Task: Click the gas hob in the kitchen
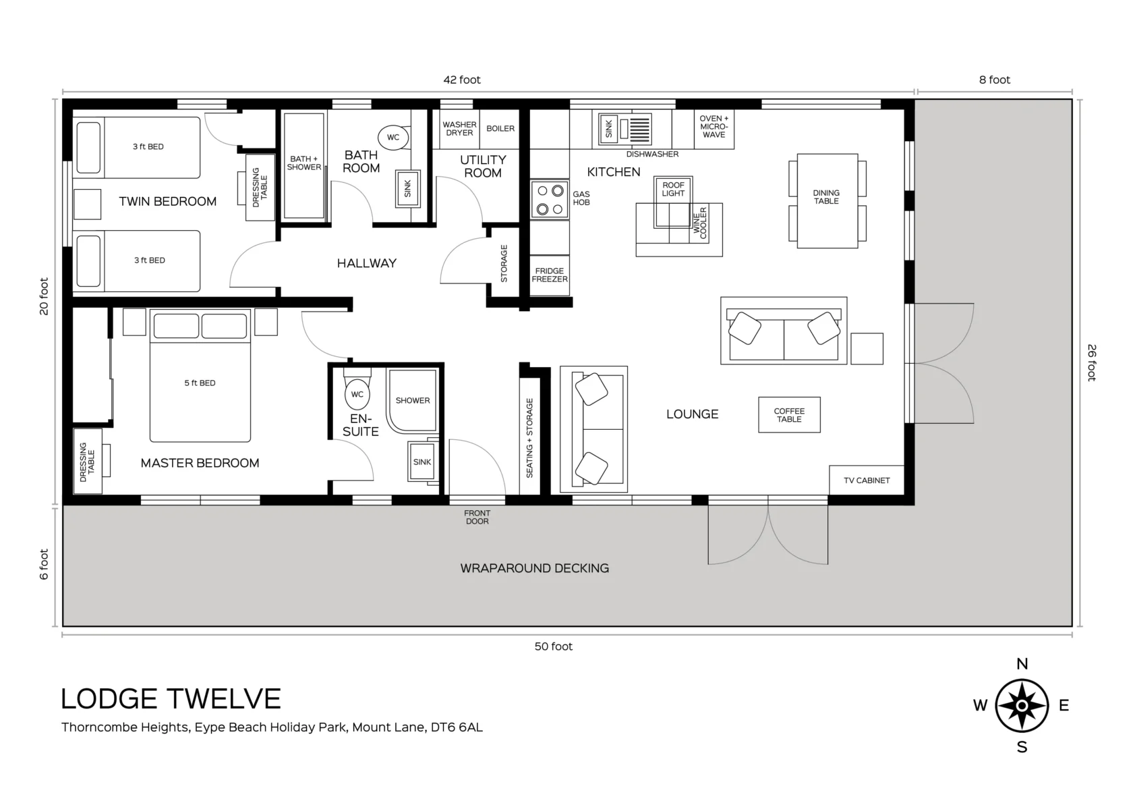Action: tap(550, 199)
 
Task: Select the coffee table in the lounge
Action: tap(789, 415)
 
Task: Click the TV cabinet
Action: tap(867, 480)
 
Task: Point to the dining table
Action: tap(827, 201)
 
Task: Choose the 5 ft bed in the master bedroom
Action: tap(200, 375)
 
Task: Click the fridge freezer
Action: tap(550, 275)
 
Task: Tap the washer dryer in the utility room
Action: tap(459, 129)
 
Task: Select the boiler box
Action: tap(500, 129)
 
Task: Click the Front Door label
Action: tap(477, 517)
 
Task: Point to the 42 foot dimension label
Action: tap(461, 80)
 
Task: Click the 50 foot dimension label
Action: tap(553, 646)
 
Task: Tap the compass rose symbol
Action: tap(1022, 706)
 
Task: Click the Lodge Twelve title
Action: tap(171, 699)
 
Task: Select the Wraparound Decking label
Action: tap(535, 568)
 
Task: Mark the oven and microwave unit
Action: tap(714, 129)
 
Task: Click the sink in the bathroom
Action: tap(408, 188)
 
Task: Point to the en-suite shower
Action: tap(411, 401)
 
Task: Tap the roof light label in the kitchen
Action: tap(673, 189)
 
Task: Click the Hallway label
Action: tap(367, 263)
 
